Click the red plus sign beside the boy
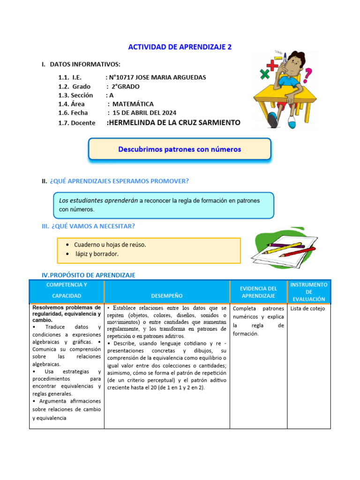tap(271, 65)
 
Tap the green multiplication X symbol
tap(265, 74)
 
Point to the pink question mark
tap(307, 74)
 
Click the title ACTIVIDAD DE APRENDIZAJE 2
tap(180, 47)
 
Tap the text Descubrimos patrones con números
tap(180, 149)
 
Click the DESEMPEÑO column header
tap(167, 296)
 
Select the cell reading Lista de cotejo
tap(307, 308)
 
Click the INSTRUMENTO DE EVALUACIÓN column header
tap(309, 292)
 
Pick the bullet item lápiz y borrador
tap(97, 254)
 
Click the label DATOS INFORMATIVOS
tap(85, 64)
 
